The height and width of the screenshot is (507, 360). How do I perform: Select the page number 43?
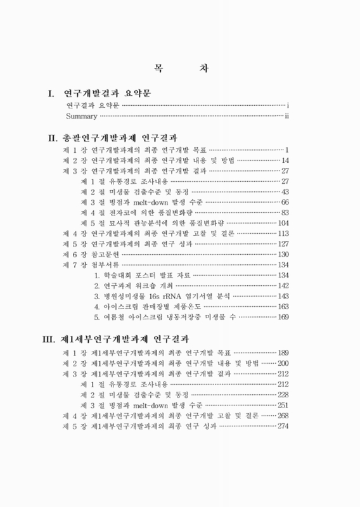click(285, 191)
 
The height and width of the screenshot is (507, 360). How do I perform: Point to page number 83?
click(285, 212)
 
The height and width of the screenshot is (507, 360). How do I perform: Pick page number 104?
click(283, 223)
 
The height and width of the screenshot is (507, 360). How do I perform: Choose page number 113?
click(283, 233)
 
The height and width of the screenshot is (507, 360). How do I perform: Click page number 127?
click(283, 244)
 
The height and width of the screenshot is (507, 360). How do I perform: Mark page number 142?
click(283, 286)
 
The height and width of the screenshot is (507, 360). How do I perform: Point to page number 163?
click(283, 307)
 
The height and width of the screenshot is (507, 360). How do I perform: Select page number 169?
click(283, 317)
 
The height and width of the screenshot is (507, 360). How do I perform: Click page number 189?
click(283, 352)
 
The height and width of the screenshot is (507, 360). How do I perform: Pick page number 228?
click(283, 394)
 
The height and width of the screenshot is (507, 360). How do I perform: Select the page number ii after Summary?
click(286, 117)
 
